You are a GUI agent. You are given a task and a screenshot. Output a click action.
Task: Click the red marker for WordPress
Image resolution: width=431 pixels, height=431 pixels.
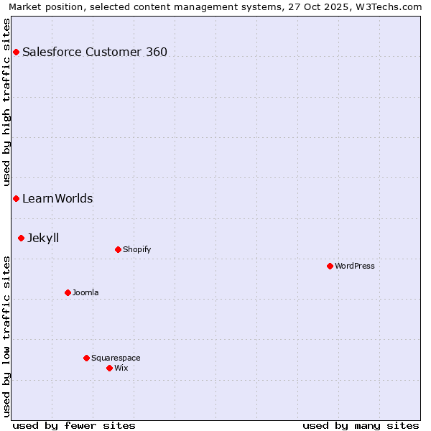[x=330, y=266]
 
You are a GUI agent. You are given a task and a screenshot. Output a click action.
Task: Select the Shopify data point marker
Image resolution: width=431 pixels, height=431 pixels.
[x=118, y=249]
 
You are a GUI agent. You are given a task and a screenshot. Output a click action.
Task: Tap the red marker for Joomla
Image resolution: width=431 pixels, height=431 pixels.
[x=68, y=292]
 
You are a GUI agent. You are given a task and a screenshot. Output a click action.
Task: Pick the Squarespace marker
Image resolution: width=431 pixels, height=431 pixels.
[x=86, y=358]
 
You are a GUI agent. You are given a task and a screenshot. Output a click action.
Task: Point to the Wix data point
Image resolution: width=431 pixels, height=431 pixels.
[x=109, y=368]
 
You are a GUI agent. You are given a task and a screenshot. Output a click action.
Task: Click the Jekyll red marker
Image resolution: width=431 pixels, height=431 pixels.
[x=21, y=238]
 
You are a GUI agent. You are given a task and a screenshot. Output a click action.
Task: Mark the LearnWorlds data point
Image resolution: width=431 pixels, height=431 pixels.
[x=16, y=198]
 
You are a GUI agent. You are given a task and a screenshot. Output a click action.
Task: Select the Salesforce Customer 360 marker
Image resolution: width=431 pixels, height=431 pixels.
[x=16, y=52]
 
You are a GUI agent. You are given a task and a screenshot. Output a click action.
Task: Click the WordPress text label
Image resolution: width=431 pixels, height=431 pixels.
[x=355, y=266]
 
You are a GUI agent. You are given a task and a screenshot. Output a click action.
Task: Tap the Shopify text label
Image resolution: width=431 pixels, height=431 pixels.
[x=136, y=249]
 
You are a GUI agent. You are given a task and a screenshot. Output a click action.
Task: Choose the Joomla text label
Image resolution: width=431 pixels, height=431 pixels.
[x=85, y=292]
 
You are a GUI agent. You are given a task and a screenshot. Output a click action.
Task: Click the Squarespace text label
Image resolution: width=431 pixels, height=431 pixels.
[x=116, y=358]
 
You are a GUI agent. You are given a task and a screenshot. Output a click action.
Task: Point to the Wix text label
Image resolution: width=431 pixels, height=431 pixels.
[x=121, y=368]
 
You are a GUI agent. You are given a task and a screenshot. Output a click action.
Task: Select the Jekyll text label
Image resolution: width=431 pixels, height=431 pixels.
[x=43, y=238]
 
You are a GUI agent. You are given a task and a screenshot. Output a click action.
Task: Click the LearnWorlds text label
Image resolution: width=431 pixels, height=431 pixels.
[x=57, y=198]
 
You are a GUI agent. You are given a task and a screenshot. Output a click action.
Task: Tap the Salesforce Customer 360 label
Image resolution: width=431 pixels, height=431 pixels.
[x=95, y=52]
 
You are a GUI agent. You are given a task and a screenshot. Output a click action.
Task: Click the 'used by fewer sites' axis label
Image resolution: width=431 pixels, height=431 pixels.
[x=74, y=425]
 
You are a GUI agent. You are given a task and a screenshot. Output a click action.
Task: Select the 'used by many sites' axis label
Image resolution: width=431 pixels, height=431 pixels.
[x=361, y=425]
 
